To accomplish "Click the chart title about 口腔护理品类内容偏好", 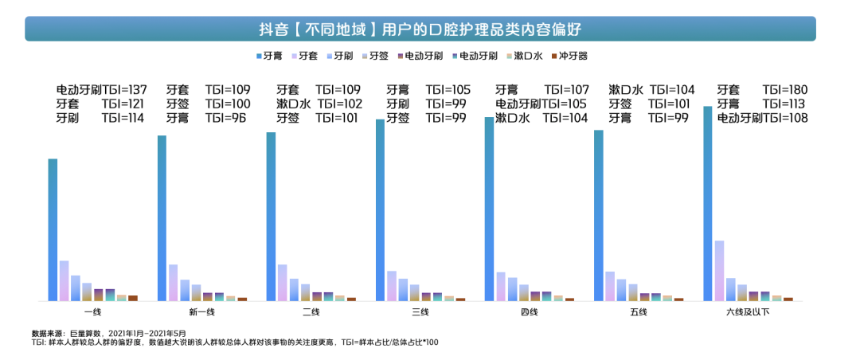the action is (x=420, y=29).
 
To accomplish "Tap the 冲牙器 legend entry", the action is (x=569, y=56).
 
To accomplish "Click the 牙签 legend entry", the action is (x=374, y=56).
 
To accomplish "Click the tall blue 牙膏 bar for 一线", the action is (x=53, y=230).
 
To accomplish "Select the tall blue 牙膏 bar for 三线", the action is (x=380, y=210).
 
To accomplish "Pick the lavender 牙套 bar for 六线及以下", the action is (x=719, y=271).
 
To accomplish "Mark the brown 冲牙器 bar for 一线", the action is (x=133, y=298).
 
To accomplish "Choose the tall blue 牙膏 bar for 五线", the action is (x=598, y=216).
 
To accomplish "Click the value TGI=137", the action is (x=123, y=89).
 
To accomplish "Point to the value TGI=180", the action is (x=785, y=89).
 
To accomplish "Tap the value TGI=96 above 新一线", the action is (x=226, y=117).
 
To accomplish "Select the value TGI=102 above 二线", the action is (x=339, y=104).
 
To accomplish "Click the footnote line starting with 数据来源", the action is (x=109, y=333).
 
